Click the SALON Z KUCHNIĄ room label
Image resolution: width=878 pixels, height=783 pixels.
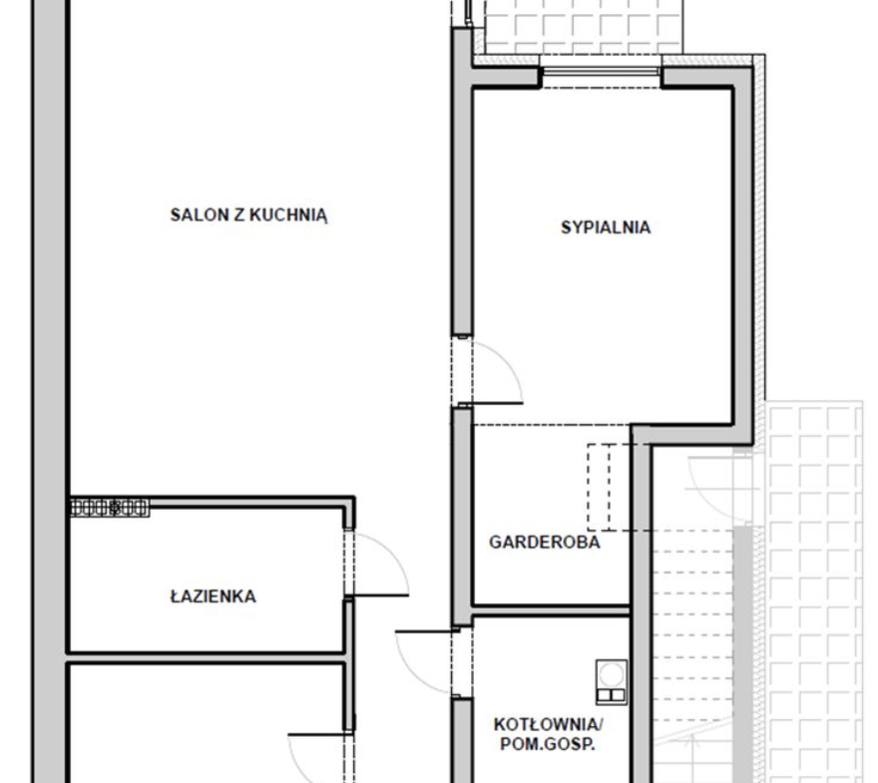[x=248, y=214]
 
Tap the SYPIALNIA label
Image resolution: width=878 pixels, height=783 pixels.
[x=606, y=227]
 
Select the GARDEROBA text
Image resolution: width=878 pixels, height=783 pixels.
[x=545, y=542]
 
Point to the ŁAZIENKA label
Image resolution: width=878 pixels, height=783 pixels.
[x=213, y=596]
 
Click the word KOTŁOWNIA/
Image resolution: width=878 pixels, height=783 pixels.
[x=548, y=724]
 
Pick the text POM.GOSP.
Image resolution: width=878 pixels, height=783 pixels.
[x=547, y=744]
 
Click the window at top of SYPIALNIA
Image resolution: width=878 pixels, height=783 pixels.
[x=601, y=71]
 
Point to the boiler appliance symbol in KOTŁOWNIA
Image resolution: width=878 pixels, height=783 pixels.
[x=612, y=681]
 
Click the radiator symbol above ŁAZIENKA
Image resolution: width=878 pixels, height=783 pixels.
[x=110, y=508]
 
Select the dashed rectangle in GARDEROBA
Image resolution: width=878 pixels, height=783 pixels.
[x=610, y=487]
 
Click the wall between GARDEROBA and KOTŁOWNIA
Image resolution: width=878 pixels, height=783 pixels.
[x=552, y=610]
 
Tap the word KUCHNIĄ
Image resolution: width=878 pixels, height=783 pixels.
[x=288, y=215]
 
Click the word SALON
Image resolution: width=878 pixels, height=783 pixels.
[x=200, y=214]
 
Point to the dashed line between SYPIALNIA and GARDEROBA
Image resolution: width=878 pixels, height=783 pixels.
[x=552, y=425]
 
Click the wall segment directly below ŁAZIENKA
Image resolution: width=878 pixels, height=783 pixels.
[x=207, y=658]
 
